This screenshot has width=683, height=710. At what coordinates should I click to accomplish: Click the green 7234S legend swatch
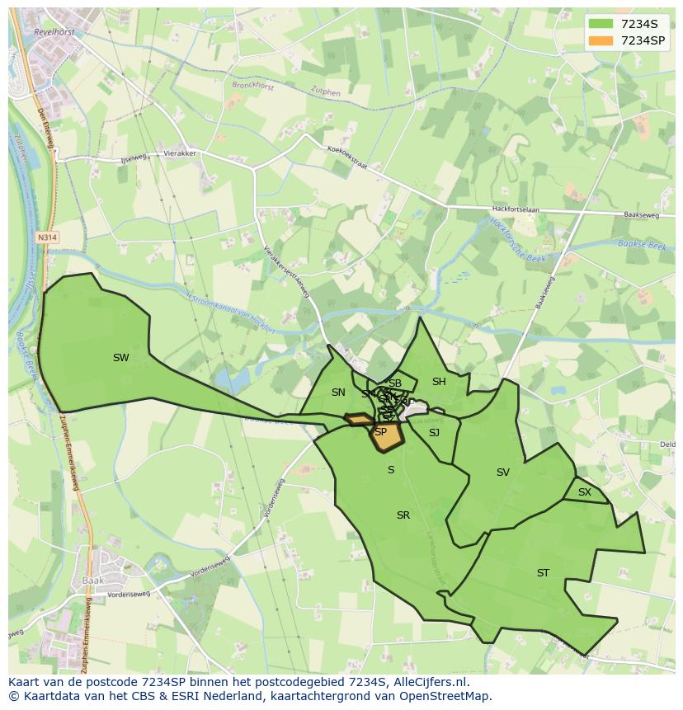coord(602,24)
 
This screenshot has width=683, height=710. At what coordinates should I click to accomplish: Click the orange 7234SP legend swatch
coord(602,40)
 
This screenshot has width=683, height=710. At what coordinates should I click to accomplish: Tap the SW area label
coord(121,358)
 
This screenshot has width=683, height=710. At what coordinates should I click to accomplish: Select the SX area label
coord(585,492)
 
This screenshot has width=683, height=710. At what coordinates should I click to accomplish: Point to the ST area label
coord(543,573)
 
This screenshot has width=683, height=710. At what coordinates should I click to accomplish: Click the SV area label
coord(503,473)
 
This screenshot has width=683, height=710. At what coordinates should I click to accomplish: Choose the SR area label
coord(403,515)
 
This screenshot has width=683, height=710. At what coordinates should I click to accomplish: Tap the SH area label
coord(439,382)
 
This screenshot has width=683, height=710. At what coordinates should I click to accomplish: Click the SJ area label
coord(434,433)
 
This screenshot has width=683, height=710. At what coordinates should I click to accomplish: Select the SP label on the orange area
coord(381,432)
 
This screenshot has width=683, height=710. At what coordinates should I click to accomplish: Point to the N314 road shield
coord(48,237)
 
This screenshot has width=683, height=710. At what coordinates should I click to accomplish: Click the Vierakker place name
coord(179,153)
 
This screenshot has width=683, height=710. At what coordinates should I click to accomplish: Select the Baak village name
coord(92,581)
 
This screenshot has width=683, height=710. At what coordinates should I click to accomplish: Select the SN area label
coord(338,393)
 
